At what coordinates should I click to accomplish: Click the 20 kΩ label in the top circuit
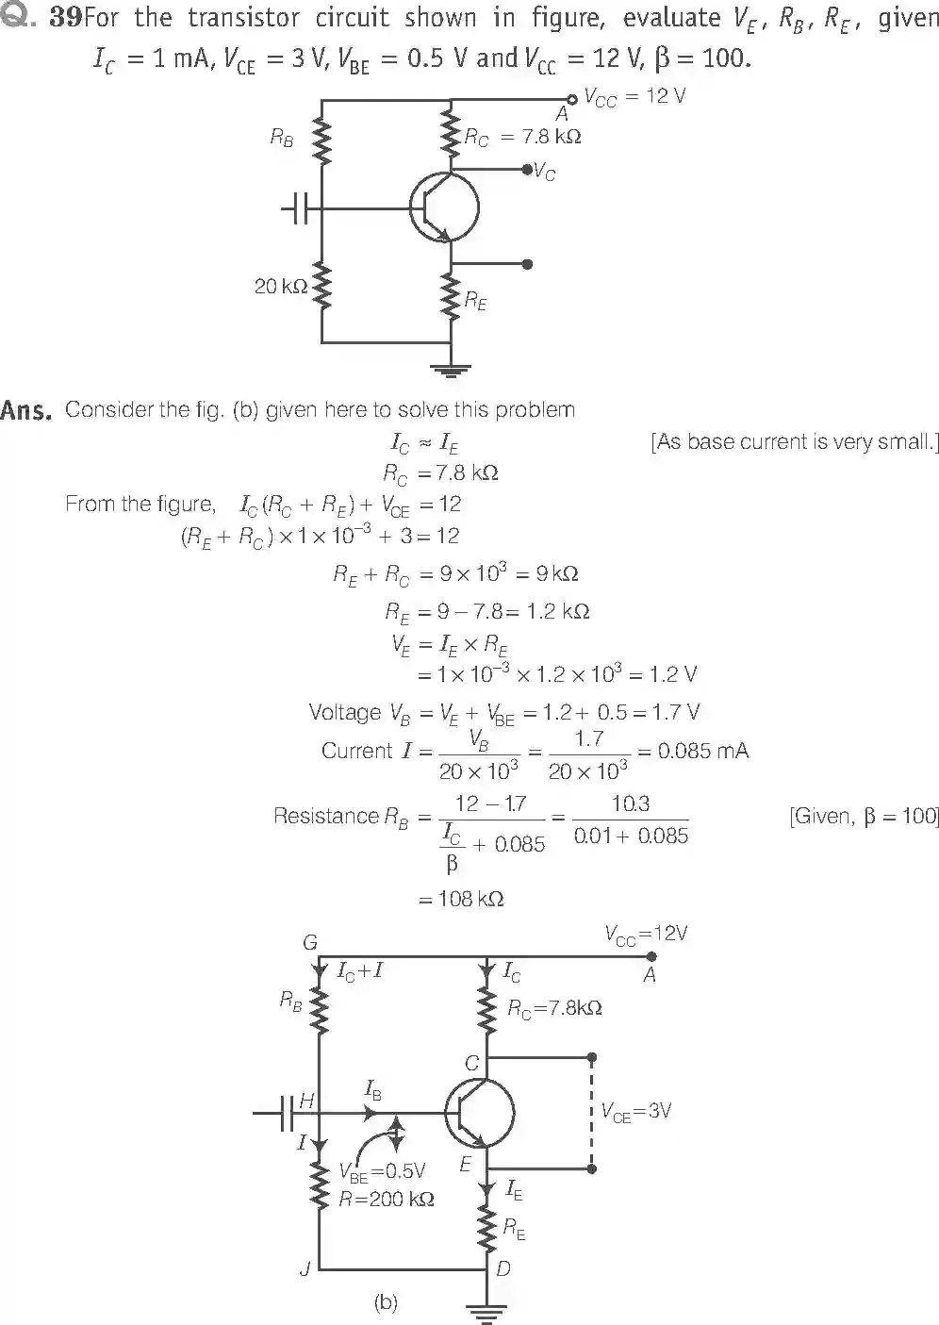280,286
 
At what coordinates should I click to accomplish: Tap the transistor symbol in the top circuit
444,208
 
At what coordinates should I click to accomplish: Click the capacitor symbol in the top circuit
297,208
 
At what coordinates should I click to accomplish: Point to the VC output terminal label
545,172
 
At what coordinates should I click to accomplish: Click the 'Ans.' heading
25,410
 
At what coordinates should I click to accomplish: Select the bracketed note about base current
794,442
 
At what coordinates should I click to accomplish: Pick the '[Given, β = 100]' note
864,817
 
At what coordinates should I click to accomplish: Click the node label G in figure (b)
309,942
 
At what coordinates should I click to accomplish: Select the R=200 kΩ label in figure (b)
387,1200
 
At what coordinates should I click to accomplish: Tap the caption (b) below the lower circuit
386,1302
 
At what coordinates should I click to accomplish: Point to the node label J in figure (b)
305,1269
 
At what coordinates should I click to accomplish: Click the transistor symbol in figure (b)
480,1114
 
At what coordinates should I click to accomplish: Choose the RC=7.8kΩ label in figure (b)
554,1008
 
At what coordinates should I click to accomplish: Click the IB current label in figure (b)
373,1090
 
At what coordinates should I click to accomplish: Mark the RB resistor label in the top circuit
281,138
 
